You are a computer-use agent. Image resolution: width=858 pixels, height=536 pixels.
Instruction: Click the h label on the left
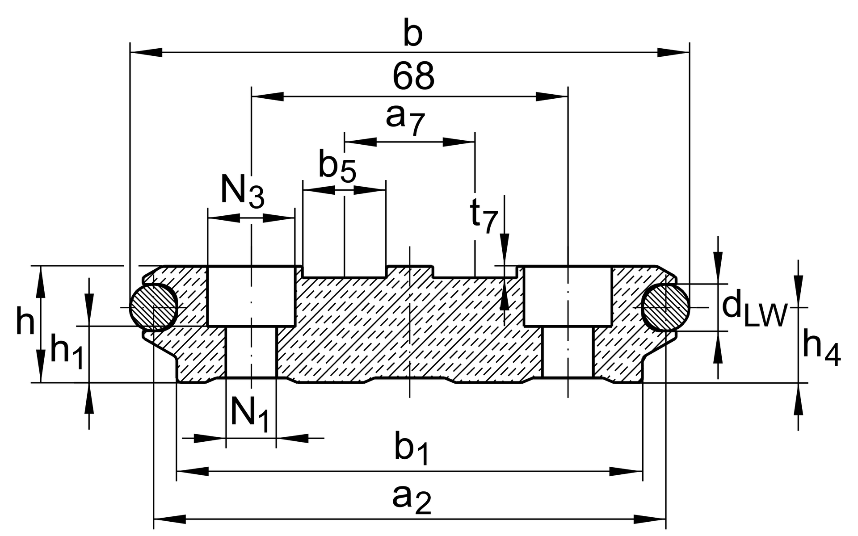pyautogui.click(x=25, y=321)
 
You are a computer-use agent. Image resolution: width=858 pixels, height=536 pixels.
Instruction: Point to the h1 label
pyautogui.click(x=67, y=351)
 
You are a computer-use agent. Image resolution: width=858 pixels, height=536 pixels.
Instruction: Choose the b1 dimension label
pyautogui.click(x=412, y=449)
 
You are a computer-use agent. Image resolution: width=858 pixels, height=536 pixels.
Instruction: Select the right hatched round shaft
pyautogui.click(x=665, y=308)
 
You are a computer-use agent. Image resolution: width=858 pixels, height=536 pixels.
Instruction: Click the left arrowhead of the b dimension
pyautogui.click(x=146, y=53)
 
